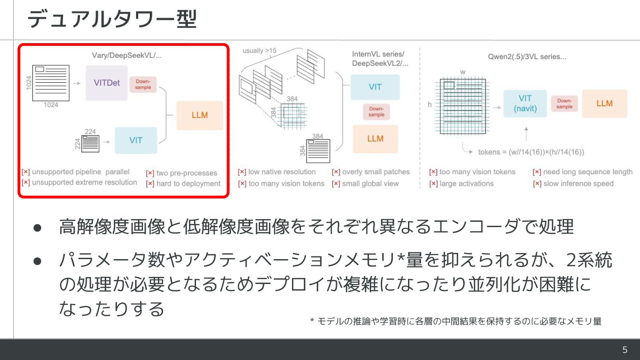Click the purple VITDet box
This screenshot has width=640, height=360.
point(107,83)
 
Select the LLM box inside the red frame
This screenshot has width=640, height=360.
point(200,115)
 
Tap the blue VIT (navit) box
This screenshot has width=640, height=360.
point(525,103)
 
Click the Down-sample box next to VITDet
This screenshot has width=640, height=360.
point(143,84)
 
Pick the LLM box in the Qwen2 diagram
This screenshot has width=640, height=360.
point(604,104)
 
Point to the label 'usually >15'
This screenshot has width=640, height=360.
point(259,51)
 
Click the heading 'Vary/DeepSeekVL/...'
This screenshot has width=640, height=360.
point(127,56)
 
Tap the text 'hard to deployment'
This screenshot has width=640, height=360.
point(188,184)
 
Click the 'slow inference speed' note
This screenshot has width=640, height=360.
point(578,184)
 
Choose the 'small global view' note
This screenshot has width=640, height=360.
point(370,184)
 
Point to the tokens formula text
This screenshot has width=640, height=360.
point(531,152)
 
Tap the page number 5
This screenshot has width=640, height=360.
point(625,350)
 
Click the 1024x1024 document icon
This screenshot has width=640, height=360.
point(51,83)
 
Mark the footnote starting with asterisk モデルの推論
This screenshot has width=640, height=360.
point(456,321)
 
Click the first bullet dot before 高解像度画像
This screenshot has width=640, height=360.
point(38,227)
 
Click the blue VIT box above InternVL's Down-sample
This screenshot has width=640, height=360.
point(375,87)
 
